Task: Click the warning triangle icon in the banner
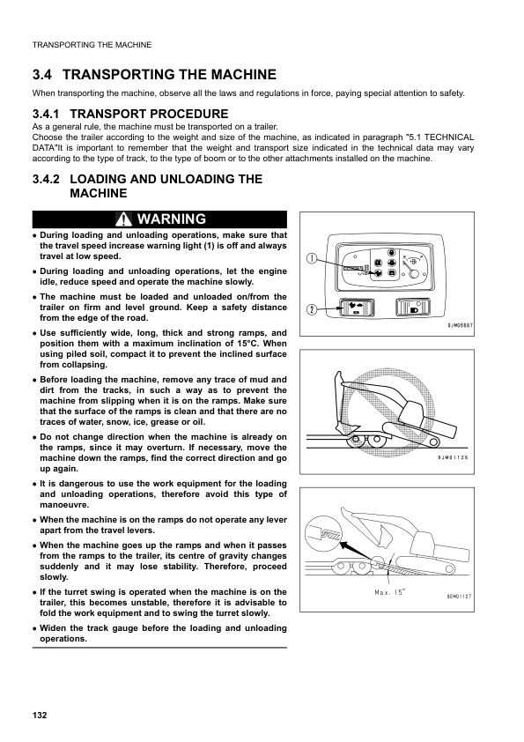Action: [x=123, y=219]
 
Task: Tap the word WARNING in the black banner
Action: [x=172, y=219]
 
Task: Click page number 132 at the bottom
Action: [x=40, y=715]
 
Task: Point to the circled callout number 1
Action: [x=311, y=259]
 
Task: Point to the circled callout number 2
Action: [x=311, y=309]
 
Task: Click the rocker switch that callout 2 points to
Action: [x=356, y=308]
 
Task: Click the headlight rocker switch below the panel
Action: [x=413, y=308]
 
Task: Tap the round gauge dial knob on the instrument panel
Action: [x=413, y=272]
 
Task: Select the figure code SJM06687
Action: [x=460, y=325]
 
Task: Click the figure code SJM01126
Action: [x=453, y=457]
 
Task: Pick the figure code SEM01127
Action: [x=459, y=597]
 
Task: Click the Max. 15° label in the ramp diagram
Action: [x=389, y=592]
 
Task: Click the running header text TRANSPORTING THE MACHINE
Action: [x=92, y=45]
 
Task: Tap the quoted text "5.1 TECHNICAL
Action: [x=439, y=137]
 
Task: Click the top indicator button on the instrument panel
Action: [x=391, y=252]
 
